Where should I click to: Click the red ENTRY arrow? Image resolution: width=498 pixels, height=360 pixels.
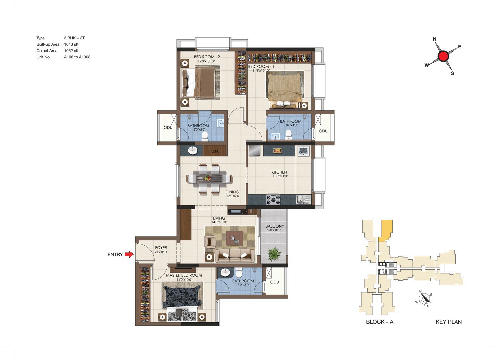129,254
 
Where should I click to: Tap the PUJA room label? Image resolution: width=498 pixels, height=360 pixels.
214,151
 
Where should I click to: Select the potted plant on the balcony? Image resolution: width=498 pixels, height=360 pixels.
274,254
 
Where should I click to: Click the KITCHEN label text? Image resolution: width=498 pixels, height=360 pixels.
279,172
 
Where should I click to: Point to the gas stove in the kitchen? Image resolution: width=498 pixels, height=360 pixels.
273,200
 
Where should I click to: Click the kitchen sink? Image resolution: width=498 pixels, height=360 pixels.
303,199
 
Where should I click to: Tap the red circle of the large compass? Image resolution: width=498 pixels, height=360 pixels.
443,56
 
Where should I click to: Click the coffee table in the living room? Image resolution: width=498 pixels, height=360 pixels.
234,238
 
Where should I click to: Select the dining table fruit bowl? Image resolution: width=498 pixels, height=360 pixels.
207,178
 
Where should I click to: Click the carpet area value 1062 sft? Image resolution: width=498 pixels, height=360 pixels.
71,51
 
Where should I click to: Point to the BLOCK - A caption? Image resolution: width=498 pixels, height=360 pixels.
379,322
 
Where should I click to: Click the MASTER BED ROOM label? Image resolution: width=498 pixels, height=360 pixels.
184,275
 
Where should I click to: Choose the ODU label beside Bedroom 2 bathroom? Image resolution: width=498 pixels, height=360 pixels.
168,127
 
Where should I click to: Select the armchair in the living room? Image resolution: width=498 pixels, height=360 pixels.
210,242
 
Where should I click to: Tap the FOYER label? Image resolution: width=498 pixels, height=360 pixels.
161,247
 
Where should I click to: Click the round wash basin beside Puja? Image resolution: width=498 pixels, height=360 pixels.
193,150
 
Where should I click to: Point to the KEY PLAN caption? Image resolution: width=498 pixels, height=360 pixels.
449,322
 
